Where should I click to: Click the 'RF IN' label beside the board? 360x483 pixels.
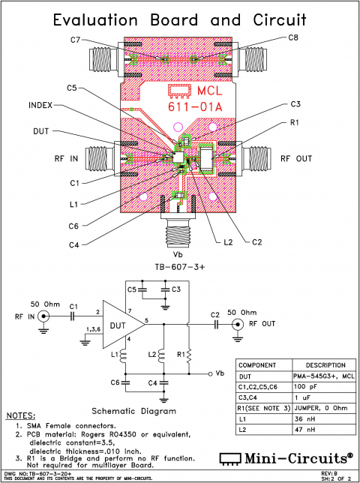[64, 158]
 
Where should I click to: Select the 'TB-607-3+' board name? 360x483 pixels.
[179, 266]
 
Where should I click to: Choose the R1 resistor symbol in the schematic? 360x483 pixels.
[190, 353]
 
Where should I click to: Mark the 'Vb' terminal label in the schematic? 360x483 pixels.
[220, 373]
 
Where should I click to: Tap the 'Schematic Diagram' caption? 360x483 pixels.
[133, 410]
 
